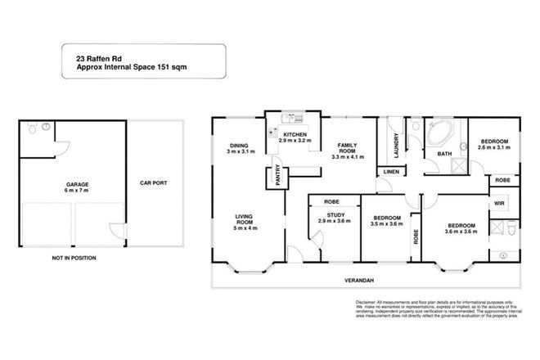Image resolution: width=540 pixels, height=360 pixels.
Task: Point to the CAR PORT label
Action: coord(153,183)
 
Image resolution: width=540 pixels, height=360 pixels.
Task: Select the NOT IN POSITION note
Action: coord(74,258)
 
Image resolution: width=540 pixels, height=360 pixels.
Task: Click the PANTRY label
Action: coord(279,179)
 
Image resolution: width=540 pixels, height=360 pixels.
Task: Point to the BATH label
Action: coord(444,153)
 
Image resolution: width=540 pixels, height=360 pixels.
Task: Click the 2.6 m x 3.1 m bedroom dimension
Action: coord(494,148)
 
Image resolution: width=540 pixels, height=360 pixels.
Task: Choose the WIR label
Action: coord(498,202)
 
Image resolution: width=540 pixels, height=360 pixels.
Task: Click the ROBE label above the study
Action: coord(331,201)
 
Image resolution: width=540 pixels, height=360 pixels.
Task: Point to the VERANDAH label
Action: coord(358,281)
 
